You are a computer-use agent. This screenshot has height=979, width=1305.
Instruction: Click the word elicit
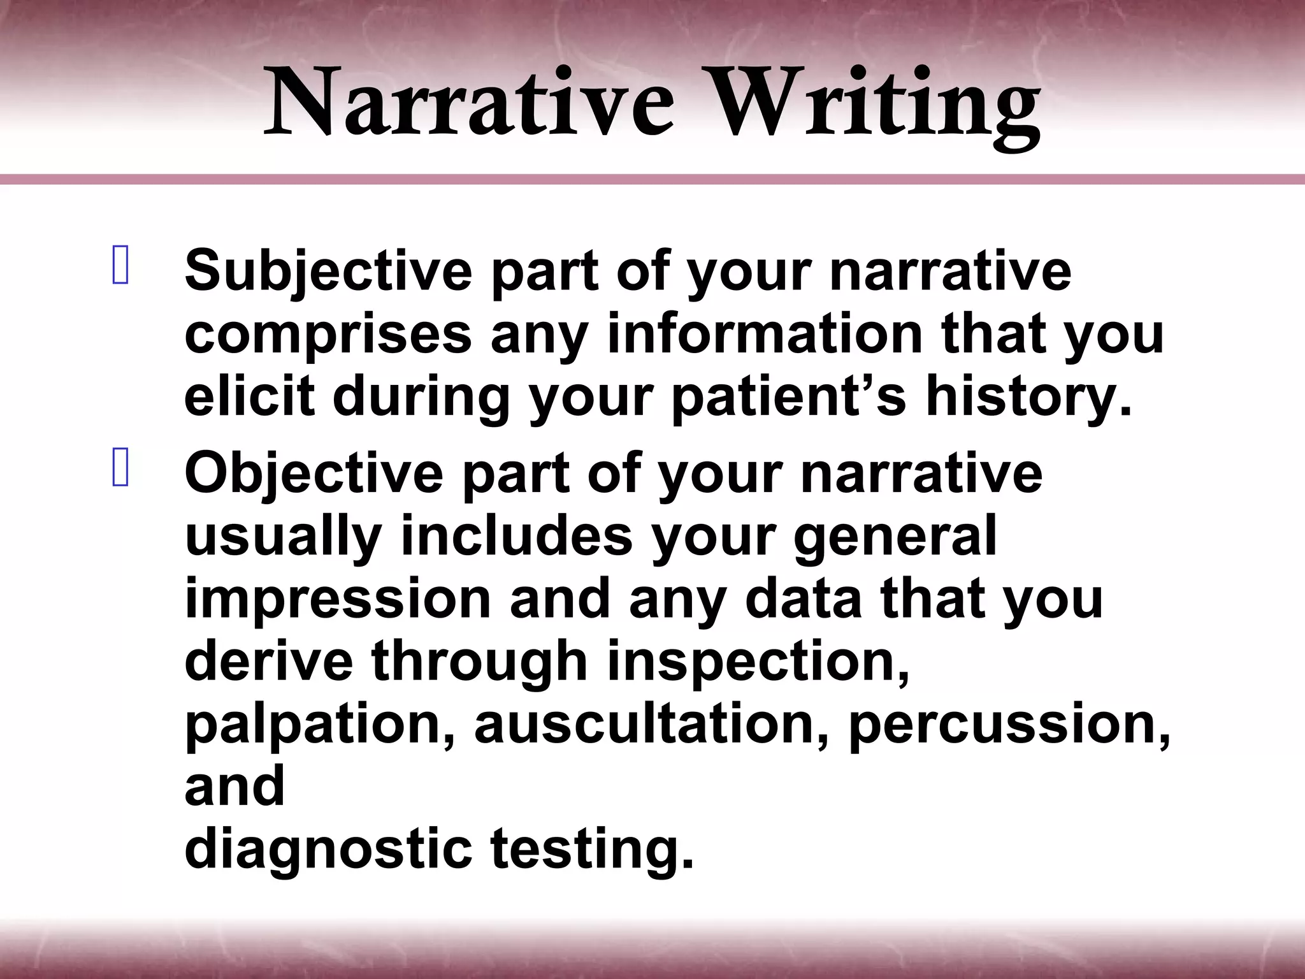tap(250, 396)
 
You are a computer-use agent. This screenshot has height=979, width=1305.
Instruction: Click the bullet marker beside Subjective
tap(120, 266)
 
